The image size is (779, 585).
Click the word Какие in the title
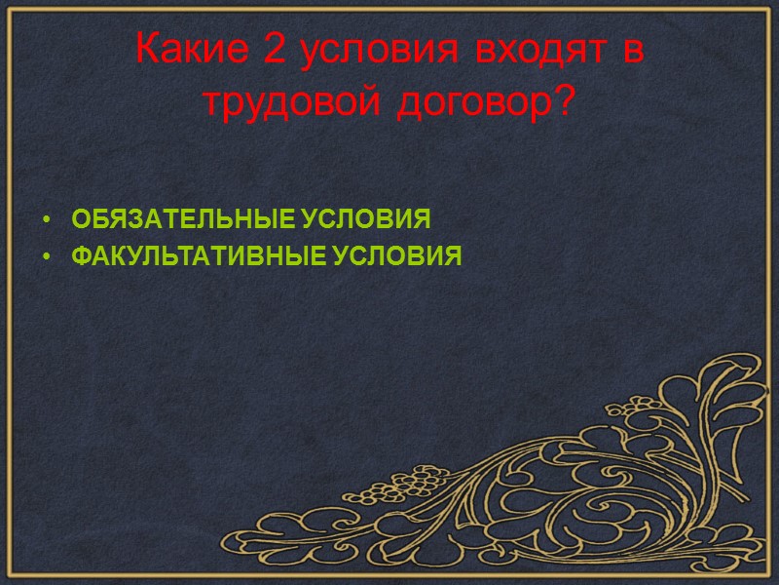click(x=193, y=51)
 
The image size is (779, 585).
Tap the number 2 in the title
click(x=277, y=51)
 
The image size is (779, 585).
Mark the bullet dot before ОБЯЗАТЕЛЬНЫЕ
click(x=46, y=219)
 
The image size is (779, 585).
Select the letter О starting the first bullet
click(x=80, y=218)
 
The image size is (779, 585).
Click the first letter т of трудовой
click(x=210, y=104)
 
